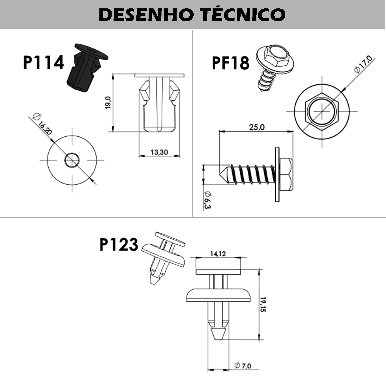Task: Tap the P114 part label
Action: click(43, 62)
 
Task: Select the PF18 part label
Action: click(230, 63)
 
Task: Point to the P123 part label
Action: click(119, 244)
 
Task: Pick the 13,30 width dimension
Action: click(159, 152)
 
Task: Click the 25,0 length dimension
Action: click(256, 127)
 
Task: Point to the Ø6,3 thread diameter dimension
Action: click(207, 200)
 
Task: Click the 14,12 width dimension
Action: click(218, 254)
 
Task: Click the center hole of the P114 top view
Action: click(72, 160)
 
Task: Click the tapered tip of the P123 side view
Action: click(218, 333)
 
